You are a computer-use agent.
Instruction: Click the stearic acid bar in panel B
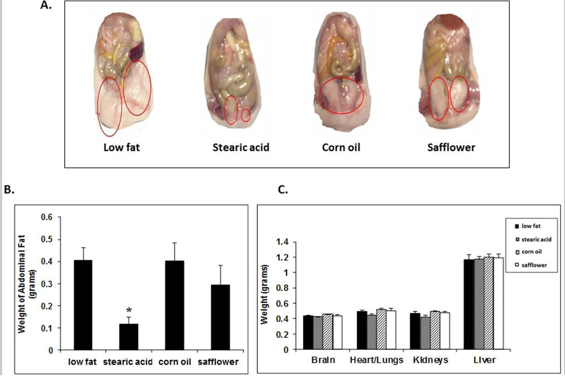click(x=129, y=337)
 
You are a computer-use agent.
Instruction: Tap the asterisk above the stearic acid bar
click(x=129, y=311)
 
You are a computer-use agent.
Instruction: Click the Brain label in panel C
click(x=323, y=361)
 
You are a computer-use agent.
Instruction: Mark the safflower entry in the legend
click(x=533, y=265)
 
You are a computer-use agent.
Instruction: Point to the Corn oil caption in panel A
click(x=341, y=147)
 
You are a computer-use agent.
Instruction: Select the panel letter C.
click(x=283, y=191)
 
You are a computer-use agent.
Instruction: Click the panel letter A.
click(x=46, y=7)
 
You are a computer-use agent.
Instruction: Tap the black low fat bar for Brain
click(x=308, y=332)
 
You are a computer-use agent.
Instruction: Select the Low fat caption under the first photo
click(x=121, y=147)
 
